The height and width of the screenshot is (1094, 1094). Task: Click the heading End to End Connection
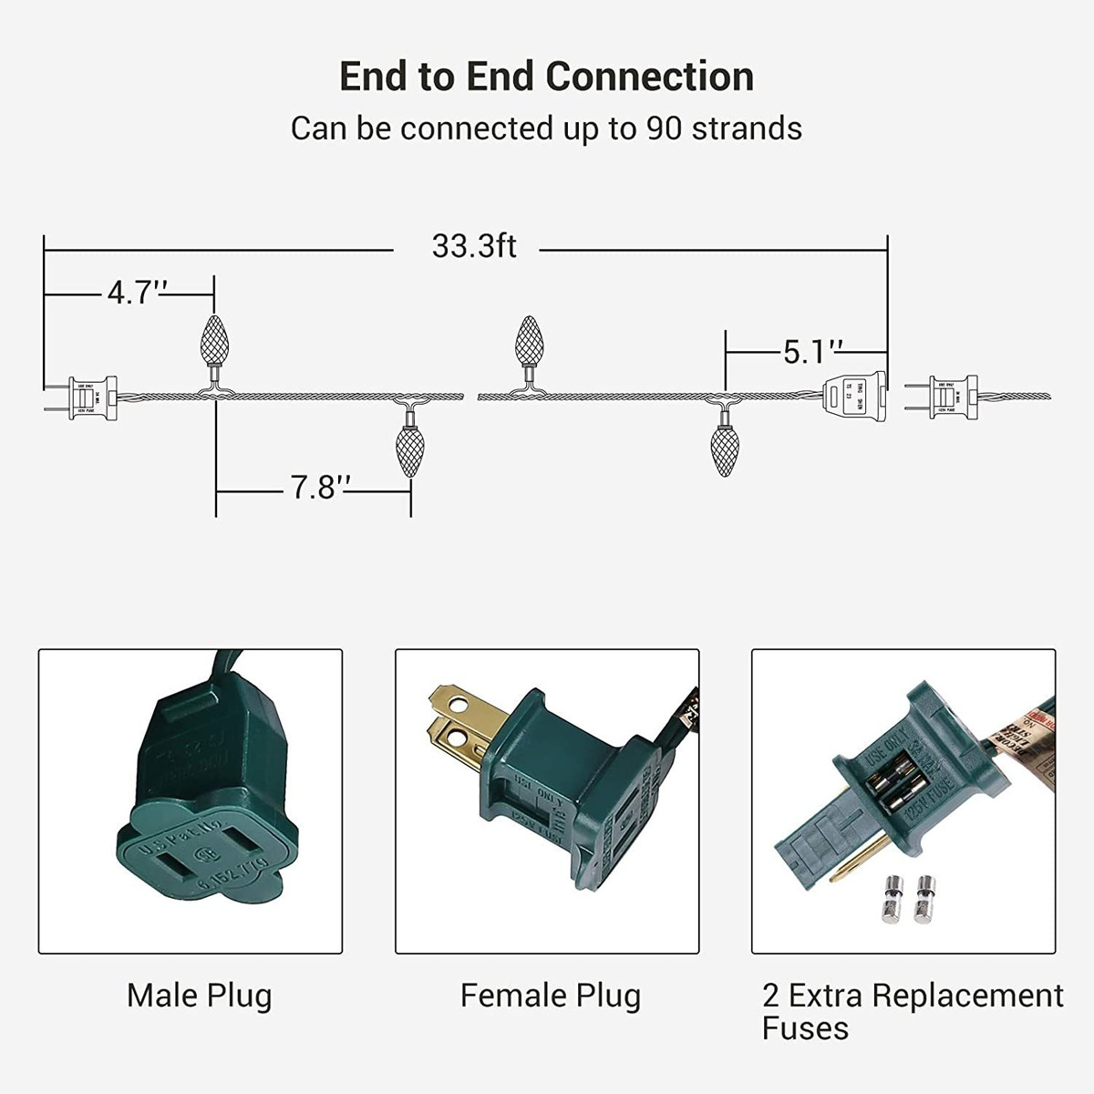tap(546, 77)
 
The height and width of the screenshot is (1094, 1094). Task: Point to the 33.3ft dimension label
tap(474, 246)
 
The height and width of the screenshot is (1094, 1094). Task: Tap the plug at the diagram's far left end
tap(88, 398)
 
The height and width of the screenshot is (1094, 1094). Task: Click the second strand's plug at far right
tap(948, 397)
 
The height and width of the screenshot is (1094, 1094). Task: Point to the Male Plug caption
tap(199, 995)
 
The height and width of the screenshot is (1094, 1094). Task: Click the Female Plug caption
tap(550, 995)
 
